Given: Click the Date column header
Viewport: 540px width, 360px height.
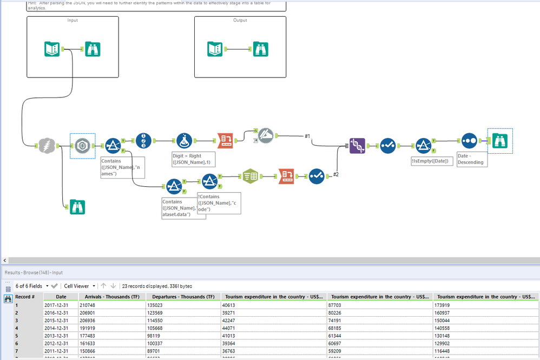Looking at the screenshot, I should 61,297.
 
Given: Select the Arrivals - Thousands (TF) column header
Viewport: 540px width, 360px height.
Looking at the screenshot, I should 111,297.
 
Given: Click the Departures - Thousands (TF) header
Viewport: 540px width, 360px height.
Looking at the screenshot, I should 183,297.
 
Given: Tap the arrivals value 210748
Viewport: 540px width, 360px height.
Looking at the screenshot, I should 88,305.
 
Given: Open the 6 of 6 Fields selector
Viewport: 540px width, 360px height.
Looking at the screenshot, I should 31,286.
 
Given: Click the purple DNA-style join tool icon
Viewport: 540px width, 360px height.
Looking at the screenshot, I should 357,145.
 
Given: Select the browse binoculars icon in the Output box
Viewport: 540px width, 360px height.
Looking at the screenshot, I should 261,49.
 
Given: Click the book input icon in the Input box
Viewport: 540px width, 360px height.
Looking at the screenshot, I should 52,49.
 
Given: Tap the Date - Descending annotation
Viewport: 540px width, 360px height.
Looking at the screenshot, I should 471,159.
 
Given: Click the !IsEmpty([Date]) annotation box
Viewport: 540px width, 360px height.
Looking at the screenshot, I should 432,161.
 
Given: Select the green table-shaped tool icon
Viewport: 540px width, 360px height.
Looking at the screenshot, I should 249,175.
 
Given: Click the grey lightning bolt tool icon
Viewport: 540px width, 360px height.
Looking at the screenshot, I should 47,145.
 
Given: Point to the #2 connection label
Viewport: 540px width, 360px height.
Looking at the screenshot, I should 335,174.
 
